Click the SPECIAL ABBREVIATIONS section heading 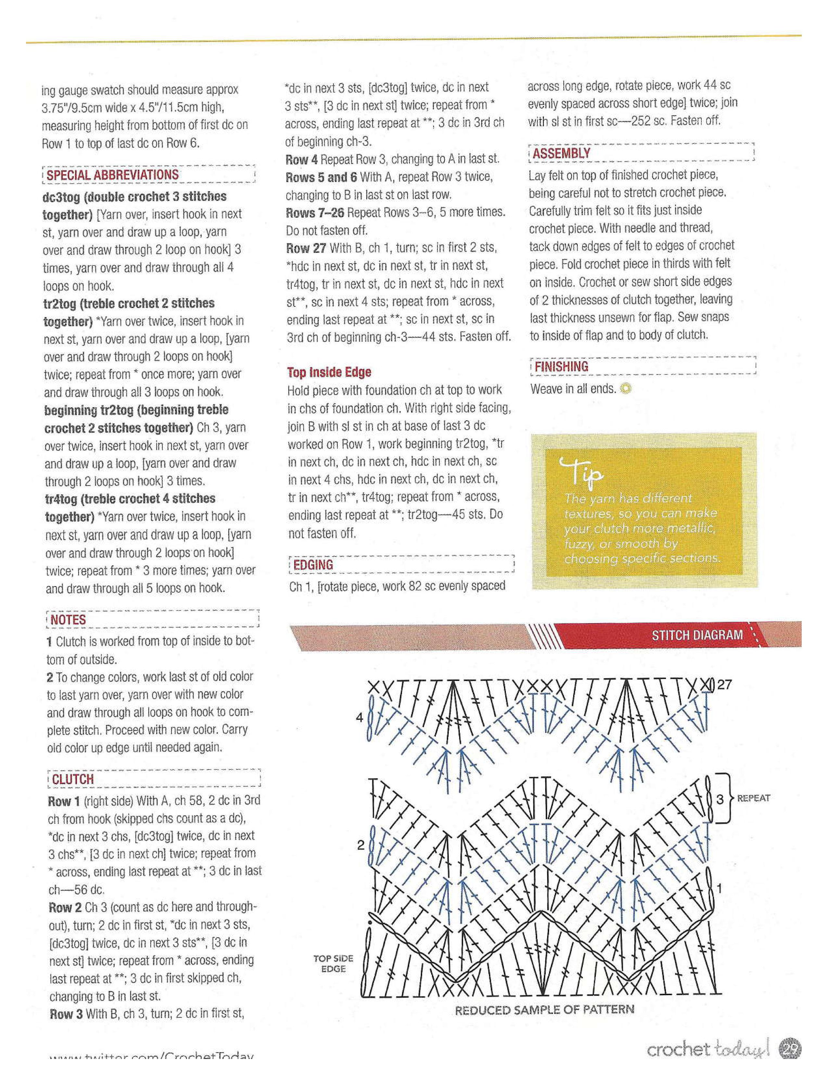112,175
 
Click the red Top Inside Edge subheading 329,372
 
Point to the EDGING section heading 313,565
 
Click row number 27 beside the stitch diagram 724,684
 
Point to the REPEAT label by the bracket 753,798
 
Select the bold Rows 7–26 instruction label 315,212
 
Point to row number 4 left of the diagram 359,718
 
